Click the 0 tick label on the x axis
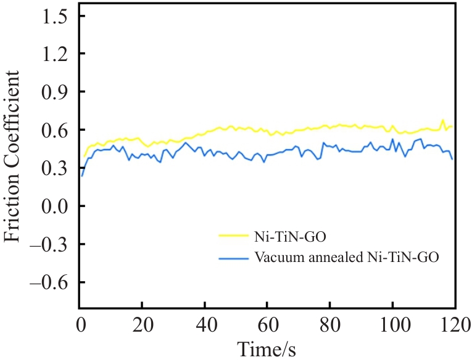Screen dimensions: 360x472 click(80, 323)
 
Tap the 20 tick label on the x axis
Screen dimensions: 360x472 click(142, 323)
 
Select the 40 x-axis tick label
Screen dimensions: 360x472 click(204, 323)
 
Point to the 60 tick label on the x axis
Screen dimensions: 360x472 click(267, 323)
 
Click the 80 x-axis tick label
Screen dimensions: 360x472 click(329, 323)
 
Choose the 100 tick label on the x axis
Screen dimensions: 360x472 click(392, 323)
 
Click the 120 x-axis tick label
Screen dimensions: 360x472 click(453, 323)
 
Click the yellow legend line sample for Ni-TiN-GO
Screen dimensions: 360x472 click(232, 235)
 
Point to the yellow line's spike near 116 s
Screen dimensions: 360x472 click(442, 120)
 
